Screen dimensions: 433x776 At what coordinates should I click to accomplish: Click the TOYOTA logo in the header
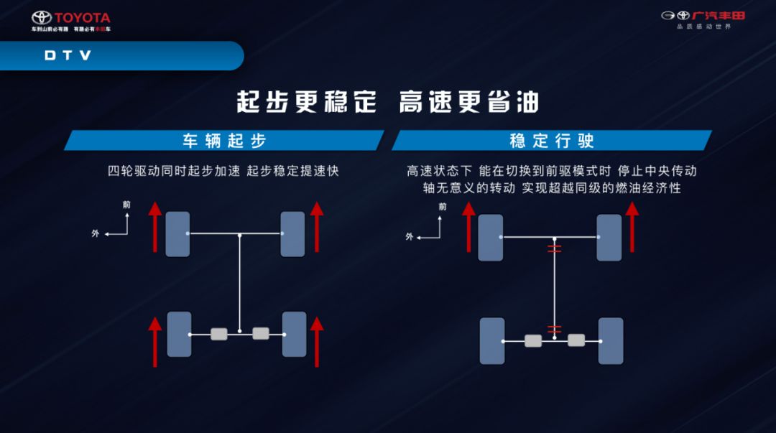click(x=71, y=19)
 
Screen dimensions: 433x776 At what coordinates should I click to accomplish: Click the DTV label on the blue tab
click(x=68, y=55)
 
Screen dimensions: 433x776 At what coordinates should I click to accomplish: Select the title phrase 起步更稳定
click(x=306, y=101)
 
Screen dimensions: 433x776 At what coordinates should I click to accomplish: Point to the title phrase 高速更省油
click(x=468, y=101)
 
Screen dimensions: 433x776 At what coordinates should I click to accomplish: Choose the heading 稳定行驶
click(x=552, y=140)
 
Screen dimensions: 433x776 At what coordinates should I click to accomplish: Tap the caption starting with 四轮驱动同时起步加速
click(x=223, y=171)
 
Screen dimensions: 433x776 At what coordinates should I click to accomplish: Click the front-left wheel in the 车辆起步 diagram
click(x=177, y=234)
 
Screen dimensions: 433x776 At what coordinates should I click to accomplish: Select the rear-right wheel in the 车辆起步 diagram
click(x=294, y=334)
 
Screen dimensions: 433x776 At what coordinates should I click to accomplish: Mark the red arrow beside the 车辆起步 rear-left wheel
click(x=155, y=341)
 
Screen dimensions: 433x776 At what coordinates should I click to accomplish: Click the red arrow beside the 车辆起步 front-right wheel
click(x=317, y=227)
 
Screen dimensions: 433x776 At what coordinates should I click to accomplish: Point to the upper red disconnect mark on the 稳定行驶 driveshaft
click(x=554, y=249)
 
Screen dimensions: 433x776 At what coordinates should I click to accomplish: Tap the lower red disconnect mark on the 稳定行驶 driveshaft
click(x=554, y=330)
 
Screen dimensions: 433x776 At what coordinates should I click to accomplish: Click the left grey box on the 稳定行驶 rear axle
click(x=532, y=340)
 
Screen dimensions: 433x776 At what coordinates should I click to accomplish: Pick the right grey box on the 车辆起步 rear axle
click(x=261, y=333)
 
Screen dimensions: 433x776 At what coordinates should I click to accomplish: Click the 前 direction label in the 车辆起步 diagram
click(x=127, y=205)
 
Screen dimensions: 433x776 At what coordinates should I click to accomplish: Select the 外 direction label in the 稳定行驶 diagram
click(x=410, y=236)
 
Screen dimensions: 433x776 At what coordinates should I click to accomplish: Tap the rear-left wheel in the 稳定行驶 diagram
click(x=491, y=340)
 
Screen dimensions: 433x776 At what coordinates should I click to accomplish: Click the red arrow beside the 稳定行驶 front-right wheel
click(x=632, y=227)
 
